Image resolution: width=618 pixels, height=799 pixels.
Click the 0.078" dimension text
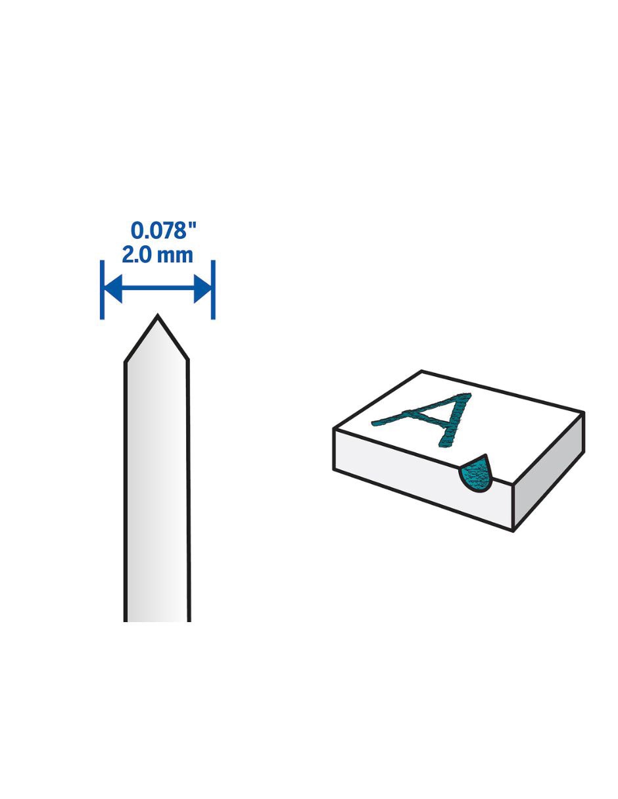164,230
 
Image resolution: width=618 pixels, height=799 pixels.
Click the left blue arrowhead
113,289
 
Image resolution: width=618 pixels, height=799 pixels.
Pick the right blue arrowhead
202,289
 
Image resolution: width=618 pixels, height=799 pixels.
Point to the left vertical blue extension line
102,290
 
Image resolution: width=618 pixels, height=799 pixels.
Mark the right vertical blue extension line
213,290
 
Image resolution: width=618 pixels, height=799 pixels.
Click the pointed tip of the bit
158,316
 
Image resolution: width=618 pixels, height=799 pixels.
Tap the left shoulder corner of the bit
126,362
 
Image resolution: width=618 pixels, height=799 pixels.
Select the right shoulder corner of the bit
188,360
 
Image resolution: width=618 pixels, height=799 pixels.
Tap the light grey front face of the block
423,478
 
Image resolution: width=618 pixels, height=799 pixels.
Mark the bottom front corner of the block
513,531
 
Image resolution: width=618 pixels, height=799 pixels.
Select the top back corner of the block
421,371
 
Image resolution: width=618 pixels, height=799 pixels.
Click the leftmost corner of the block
333,429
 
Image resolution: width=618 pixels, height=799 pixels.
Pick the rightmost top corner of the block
584,412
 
